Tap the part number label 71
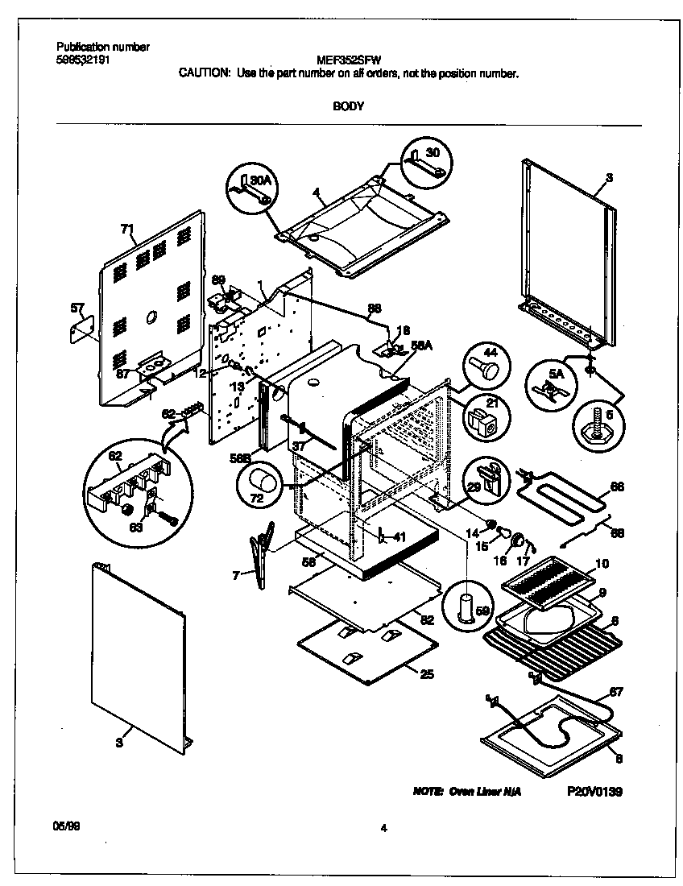click(127, 230)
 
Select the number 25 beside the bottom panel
click(426, 673)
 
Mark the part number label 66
click(616, 486)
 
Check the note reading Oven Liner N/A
click(467, 793)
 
